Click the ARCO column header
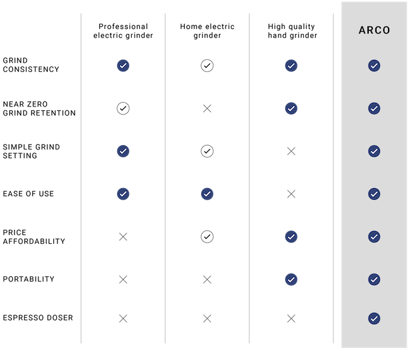[374, 30]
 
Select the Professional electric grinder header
[123, 31]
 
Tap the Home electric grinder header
[207, 31]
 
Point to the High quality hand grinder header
[293, 31]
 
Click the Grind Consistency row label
[31, 65]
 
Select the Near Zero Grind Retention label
[39, 109]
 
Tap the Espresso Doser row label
[38, 318]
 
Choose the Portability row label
[28, 279]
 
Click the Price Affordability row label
[34, 237]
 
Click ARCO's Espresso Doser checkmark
[374, 318]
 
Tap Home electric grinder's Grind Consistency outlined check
[207, 65]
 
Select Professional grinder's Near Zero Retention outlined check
[123, 108]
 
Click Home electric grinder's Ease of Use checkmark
[207, 194]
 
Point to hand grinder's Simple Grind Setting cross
[291, 151]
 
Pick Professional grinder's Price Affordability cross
[123, 237]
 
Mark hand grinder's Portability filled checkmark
[291, 280]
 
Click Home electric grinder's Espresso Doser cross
[207, 318]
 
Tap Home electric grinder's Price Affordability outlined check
[207, 237]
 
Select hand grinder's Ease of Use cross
[291, 194]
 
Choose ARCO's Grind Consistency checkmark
[374, 65]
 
